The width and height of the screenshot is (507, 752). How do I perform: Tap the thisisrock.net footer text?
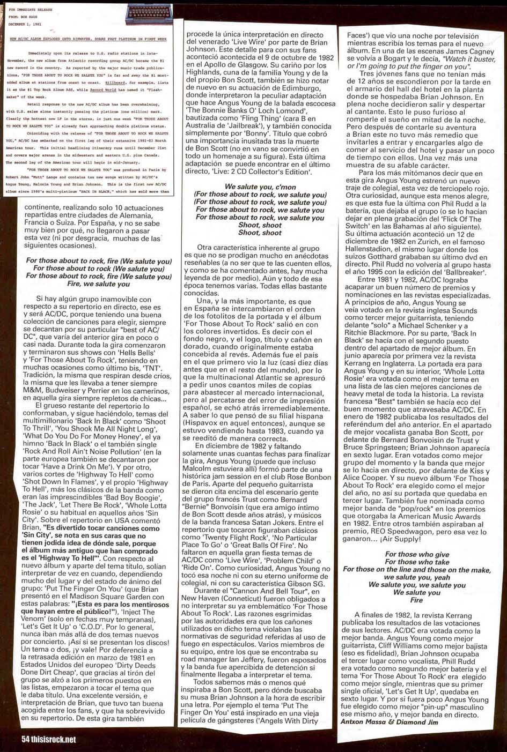(49, 739)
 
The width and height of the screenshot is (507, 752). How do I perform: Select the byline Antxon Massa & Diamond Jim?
(389, 721)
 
